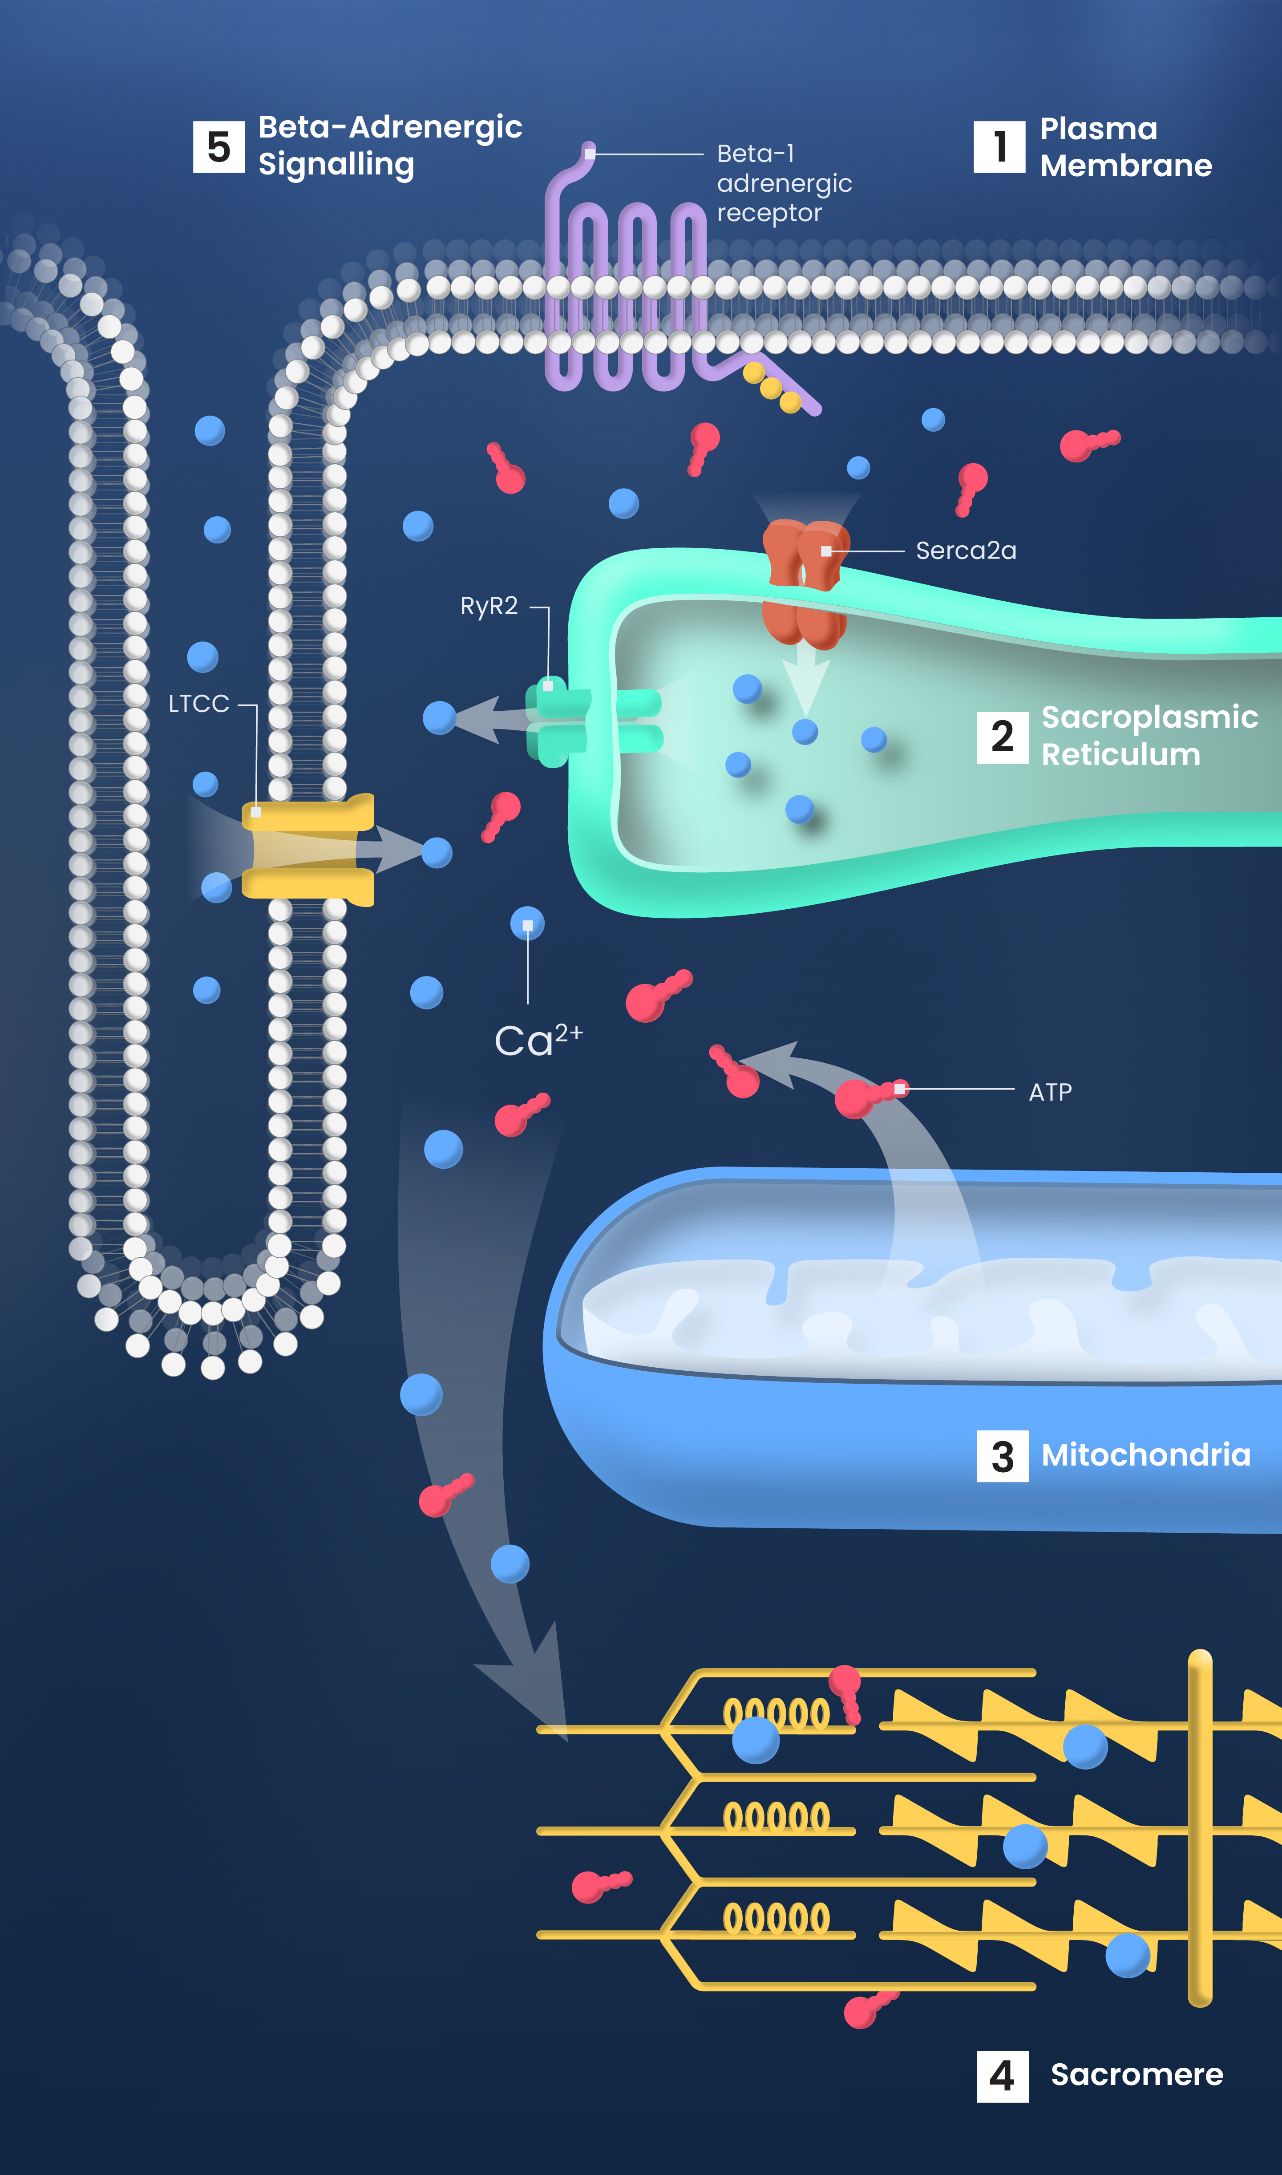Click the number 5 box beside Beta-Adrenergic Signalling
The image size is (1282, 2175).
click(x=218, y=147)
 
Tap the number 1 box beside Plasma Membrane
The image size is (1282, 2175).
click(x=999, y=147)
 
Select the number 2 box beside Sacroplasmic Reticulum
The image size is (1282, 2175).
click(x=1002, y=737)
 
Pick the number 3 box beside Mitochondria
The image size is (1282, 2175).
click(x=1002, y=1456)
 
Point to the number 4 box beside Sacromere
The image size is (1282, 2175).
click(x=1002, y=2077)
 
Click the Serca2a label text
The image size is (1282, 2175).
click(x=966, y=551)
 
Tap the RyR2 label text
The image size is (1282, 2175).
click(x=489, y=606)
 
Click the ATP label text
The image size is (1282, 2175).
click(x=1051, y=1093)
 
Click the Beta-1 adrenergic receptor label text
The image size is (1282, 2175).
click(x=784, y=183)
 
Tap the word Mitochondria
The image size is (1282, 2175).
click(x=1145, y=1455)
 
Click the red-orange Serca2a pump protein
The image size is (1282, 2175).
click(x=805, y=583)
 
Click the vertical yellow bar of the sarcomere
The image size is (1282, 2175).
click(x=1200, y=1827)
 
